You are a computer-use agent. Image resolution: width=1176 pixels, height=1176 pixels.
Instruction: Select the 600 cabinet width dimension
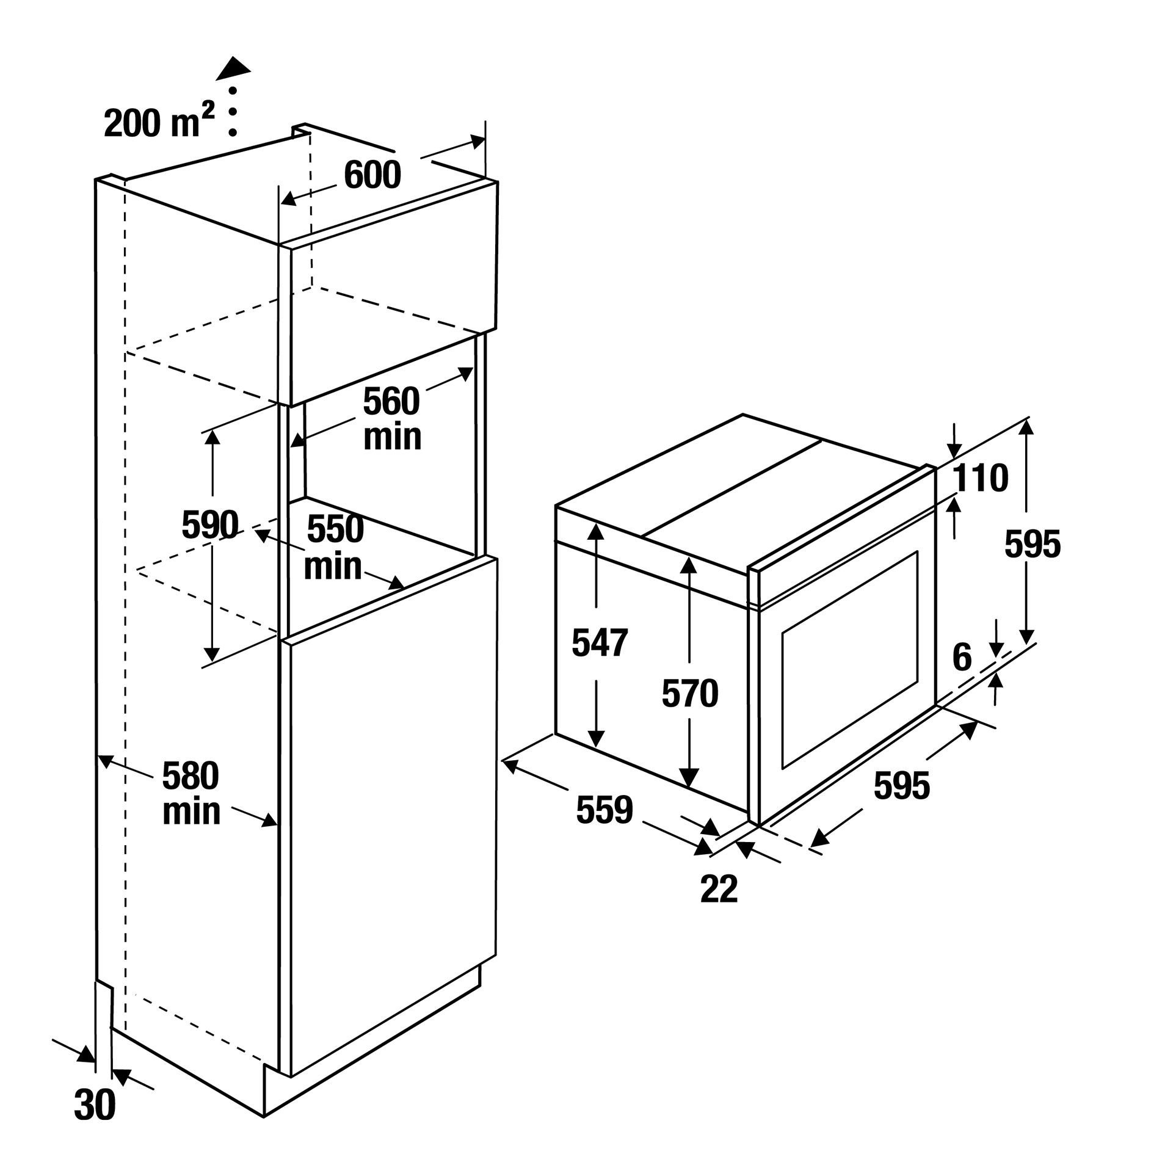coord(372,175)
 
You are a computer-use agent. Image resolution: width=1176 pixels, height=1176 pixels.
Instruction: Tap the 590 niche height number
coord(209,524)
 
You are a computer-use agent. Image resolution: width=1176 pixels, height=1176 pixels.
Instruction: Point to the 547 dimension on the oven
coord(599,643)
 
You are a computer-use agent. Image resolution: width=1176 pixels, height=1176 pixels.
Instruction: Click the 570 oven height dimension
coord(689,694)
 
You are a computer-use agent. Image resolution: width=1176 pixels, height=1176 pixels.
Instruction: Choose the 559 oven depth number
coord(604,810)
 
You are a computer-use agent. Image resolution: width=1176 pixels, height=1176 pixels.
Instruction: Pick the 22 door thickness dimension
coord(719,889)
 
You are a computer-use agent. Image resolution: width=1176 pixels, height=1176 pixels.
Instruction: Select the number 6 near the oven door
coord(962,658)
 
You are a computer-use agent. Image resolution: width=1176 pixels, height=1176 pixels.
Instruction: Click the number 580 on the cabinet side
coord(190,776)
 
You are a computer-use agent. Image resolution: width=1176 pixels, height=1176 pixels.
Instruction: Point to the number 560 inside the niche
coord(391,401)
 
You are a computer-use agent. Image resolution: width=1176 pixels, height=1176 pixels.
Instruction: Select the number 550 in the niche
coord(335,529)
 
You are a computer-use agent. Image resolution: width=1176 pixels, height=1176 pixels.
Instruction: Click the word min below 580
coord(191,811)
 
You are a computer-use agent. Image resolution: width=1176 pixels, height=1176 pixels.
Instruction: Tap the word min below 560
coord(392,437)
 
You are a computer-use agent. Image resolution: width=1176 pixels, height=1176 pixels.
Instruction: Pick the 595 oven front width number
coord(901,786)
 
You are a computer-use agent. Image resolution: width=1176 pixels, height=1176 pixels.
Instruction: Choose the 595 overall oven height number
coord(1032,544)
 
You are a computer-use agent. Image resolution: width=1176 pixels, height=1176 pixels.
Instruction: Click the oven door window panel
coord(849,659)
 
